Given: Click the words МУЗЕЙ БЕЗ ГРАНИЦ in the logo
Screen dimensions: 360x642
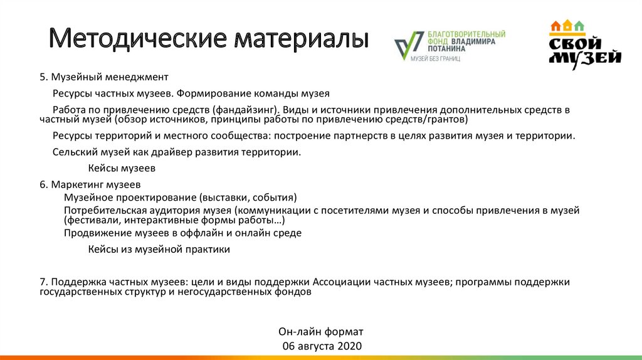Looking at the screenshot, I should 435,58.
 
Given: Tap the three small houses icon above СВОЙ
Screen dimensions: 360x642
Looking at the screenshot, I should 567,26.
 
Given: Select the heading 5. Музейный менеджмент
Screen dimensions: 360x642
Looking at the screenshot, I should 104,77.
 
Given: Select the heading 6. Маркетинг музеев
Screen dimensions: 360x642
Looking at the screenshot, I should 90,185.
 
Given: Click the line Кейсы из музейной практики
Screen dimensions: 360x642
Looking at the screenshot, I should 159,249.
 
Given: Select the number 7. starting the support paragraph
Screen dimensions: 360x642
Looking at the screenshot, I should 43,282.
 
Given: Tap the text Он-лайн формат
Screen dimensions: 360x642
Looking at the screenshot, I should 320,331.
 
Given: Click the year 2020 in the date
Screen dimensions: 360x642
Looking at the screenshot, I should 349,346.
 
